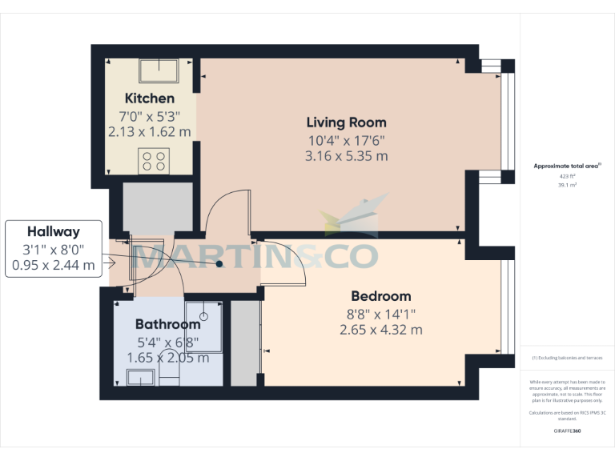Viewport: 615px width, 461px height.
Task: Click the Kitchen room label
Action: click(150, 98)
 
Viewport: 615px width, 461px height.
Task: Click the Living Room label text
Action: click(346, 122)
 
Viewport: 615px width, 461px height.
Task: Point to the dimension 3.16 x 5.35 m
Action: click(346, 156)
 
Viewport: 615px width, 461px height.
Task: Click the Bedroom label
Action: click(380, 296)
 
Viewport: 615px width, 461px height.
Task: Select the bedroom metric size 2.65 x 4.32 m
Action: click(381, 329)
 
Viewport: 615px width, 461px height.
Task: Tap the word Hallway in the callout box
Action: click(54, 232)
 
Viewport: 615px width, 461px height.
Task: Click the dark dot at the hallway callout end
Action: click(219, 263)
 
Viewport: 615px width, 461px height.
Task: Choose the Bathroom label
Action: click(167, 324)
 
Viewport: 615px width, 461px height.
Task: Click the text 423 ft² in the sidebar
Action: click(567, 176)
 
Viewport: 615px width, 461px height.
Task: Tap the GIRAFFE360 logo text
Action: click(567, 431)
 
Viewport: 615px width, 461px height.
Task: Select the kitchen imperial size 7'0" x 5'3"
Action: click(150, 115)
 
